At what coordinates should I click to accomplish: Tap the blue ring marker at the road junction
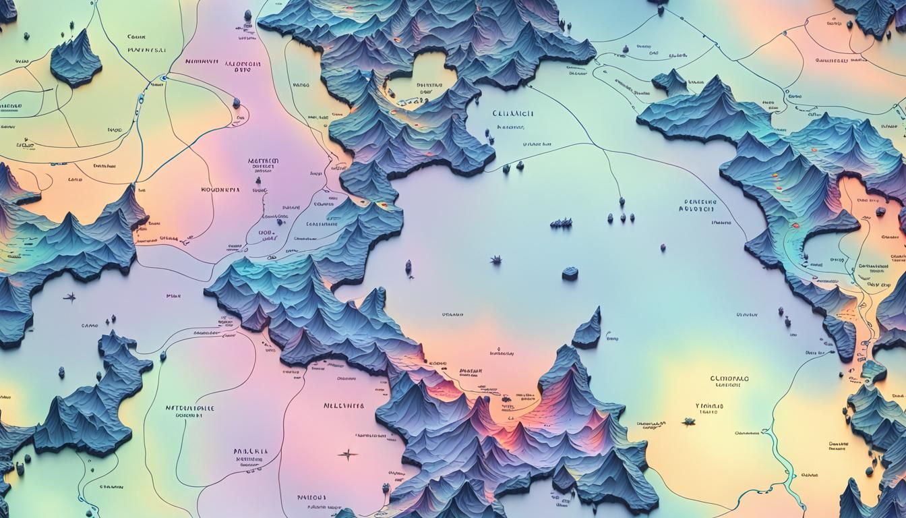coord(164,79)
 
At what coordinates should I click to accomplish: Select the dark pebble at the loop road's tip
coord(237,103)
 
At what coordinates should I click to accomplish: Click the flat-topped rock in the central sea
coord(570,273)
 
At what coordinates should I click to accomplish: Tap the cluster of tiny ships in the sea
coord(561,223)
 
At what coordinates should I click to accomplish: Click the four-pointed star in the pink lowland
coord(348,454)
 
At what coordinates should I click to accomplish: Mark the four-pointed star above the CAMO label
coord(69,296)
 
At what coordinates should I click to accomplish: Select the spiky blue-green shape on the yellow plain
coord(688,422)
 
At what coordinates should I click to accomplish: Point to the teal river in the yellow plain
coord(782,459)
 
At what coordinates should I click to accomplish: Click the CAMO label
coord(90,326)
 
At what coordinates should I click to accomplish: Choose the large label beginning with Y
coord(708,406)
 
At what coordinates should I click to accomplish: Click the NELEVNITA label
coord(343,406)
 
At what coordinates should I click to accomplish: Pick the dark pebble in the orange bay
coord(880,211)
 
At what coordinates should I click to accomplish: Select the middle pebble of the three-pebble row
coord(622,217)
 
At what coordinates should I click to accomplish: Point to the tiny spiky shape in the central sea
coord(496,260)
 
